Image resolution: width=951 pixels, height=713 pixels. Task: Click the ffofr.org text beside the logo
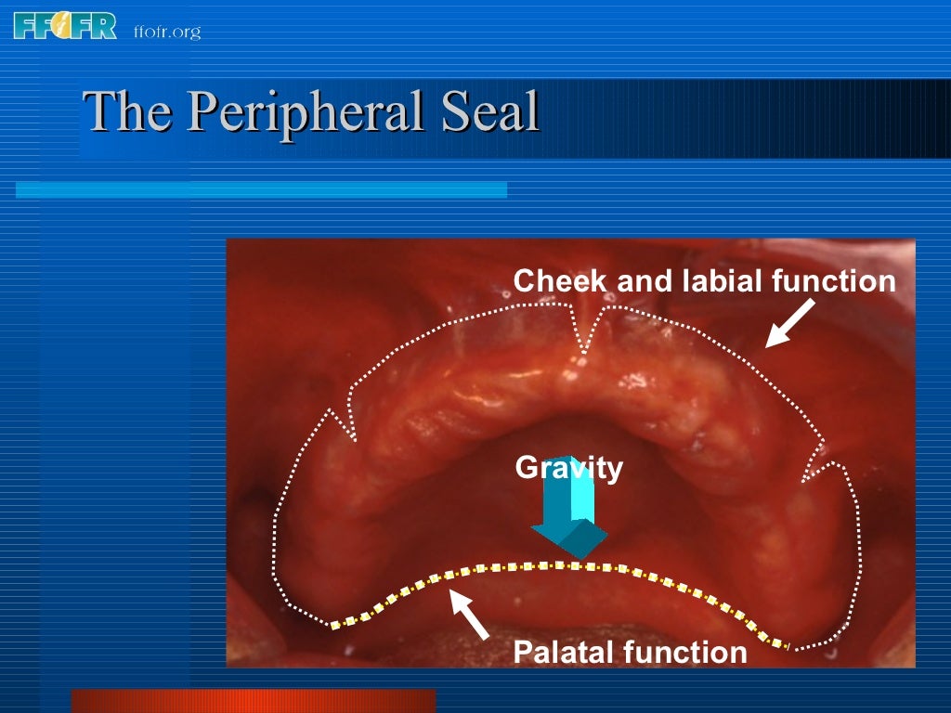(x=166, y=32)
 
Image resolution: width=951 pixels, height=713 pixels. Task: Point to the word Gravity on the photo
(x=568, y=467)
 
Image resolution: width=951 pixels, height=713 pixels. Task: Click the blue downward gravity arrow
(x=569, y=520)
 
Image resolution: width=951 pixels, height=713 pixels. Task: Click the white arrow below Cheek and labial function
(x=788, y=323)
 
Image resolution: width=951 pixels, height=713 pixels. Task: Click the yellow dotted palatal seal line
(x=557, y=565)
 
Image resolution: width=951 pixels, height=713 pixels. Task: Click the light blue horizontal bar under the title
(x=261, y=189)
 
